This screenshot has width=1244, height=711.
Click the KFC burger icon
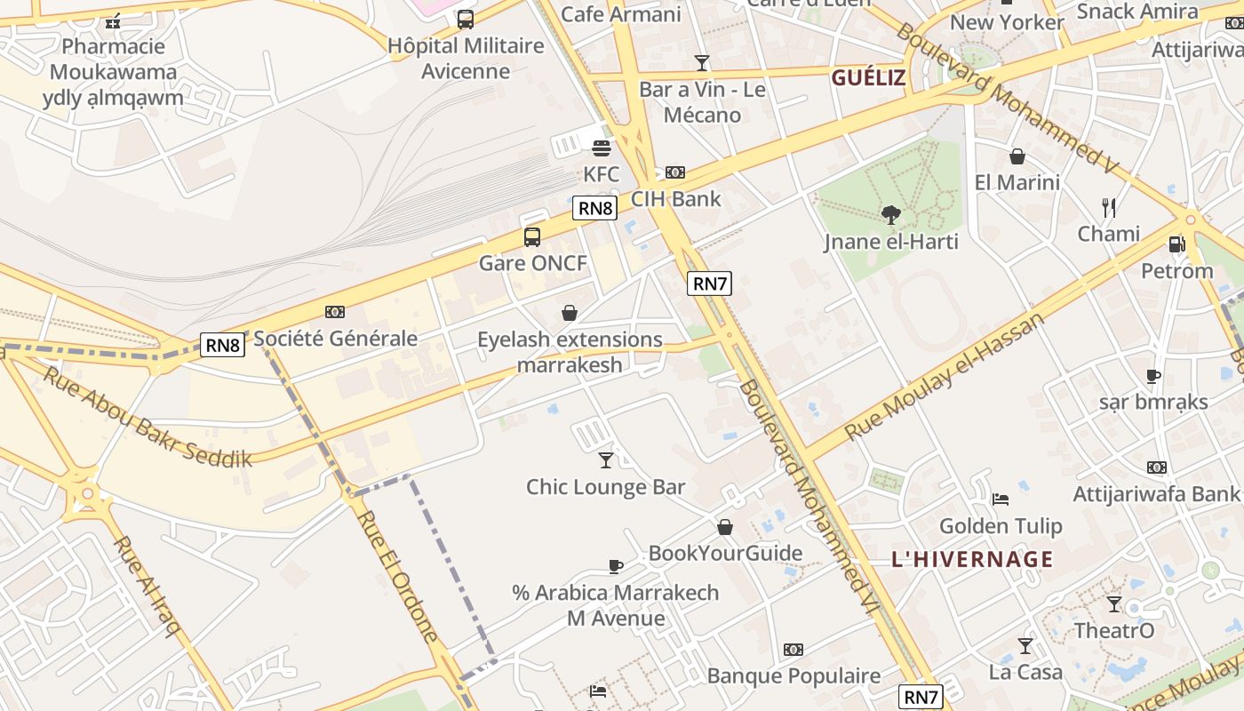tap(602, 148)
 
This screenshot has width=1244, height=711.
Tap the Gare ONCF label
tap(533, 263)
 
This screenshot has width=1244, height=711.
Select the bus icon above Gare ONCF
tap(532, 237)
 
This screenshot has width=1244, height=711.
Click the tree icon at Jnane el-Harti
tap(890, 214)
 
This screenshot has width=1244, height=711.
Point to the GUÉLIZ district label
tap(868, 78)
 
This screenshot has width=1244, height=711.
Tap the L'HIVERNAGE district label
tap(972, 560)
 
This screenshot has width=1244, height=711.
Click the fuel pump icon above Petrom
tap(1176, 244)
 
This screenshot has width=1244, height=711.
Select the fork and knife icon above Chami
tap(1109, 208)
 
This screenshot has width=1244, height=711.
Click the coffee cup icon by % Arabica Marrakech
tap(615, 566)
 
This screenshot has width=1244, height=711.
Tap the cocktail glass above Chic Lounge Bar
tap(606, 459)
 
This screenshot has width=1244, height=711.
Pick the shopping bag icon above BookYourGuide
tap(725, 527)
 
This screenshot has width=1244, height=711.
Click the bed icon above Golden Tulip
tap(1001, 499)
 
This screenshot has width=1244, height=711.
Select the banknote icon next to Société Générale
tap(335, 312)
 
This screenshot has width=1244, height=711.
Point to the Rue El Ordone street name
tap(398, 576)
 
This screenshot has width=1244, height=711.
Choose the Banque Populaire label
tap(793, 676)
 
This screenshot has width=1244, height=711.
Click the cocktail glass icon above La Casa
tap(1025, 646)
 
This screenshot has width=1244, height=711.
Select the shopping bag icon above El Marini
tap(1017, 157)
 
